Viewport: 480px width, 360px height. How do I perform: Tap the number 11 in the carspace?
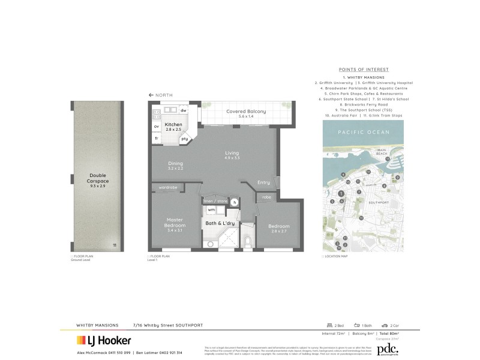[x=115, y=245]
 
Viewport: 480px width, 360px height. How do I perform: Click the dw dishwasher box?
[x=184, y=111]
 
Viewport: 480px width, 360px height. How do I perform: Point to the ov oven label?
[x=157, y=127]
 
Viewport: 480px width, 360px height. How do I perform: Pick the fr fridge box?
[x=157, y=139]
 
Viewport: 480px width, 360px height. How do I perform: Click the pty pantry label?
[x=185, y=139]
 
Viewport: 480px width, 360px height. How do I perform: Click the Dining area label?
[x=175, y=166]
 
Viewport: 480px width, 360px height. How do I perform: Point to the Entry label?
[x=263, y=182]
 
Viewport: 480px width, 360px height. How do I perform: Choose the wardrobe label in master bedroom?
[x=168, y=188]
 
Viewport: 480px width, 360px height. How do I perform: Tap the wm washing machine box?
[x=211, y=210]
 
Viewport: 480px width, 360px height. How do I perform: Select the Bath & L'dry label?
[x=219, y=223]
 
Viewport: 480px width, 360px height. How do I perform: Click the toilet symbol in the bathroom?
[x=248, y=242]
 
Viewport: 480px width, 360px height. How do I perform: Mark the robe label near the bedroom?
[x=266, y=197]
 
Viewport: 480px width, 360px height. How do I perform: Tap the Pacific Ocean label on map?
[x=356, y=131]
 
